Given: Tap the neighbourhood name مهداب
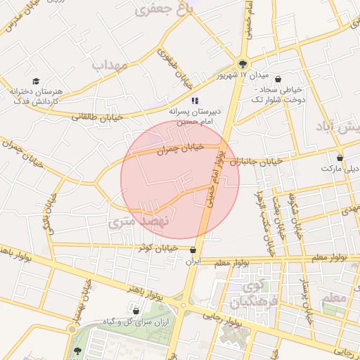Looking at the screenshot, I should tap(110, 65).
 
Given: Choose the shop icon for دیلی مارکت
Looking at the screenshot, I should tap(340, 158).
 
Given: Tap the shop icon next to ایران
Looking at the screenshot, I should tap(193, 250).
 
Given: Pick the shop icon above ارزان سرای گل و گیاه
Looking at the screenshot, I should tap(136, 311).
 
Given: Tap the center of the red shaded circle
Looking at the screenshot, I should tap(180, 180).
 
